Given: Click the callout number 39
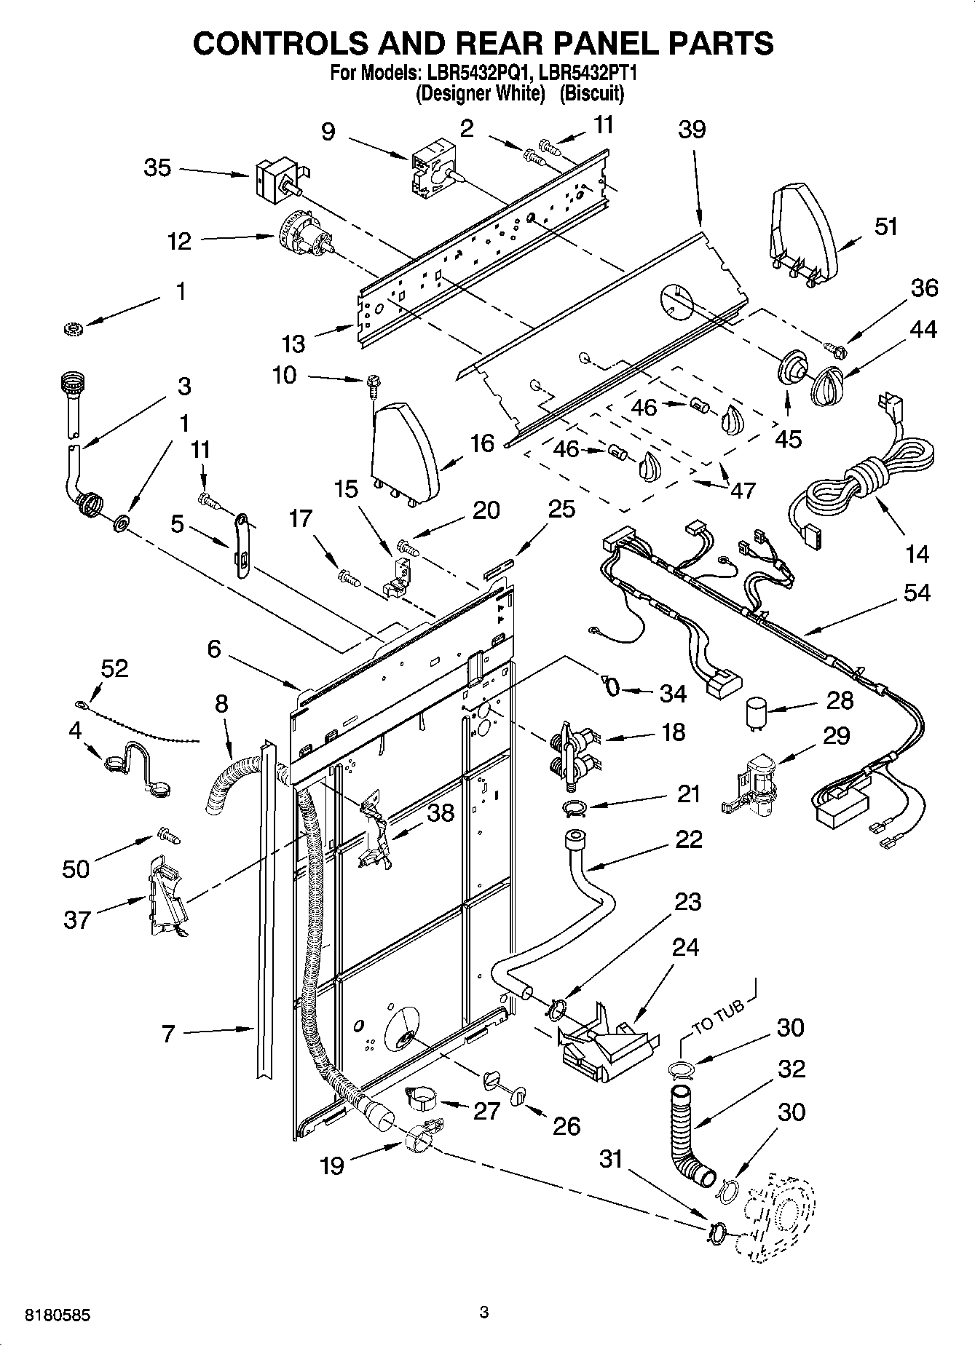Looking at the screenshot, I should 692,130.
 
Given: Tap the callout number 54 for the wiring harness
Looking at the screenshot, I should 917,593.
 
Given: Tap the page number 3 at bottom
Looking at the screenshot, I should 483,1313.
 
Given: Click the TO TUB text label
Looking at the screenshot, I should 718,1017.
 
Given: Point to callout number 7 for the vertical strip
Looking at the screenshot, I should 168,1033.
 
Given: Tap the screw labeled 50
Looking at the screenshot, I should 169,837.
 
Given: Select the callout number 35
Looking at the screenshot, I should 157,168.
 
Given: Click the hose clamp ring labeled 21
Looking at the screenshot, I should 575,807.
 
